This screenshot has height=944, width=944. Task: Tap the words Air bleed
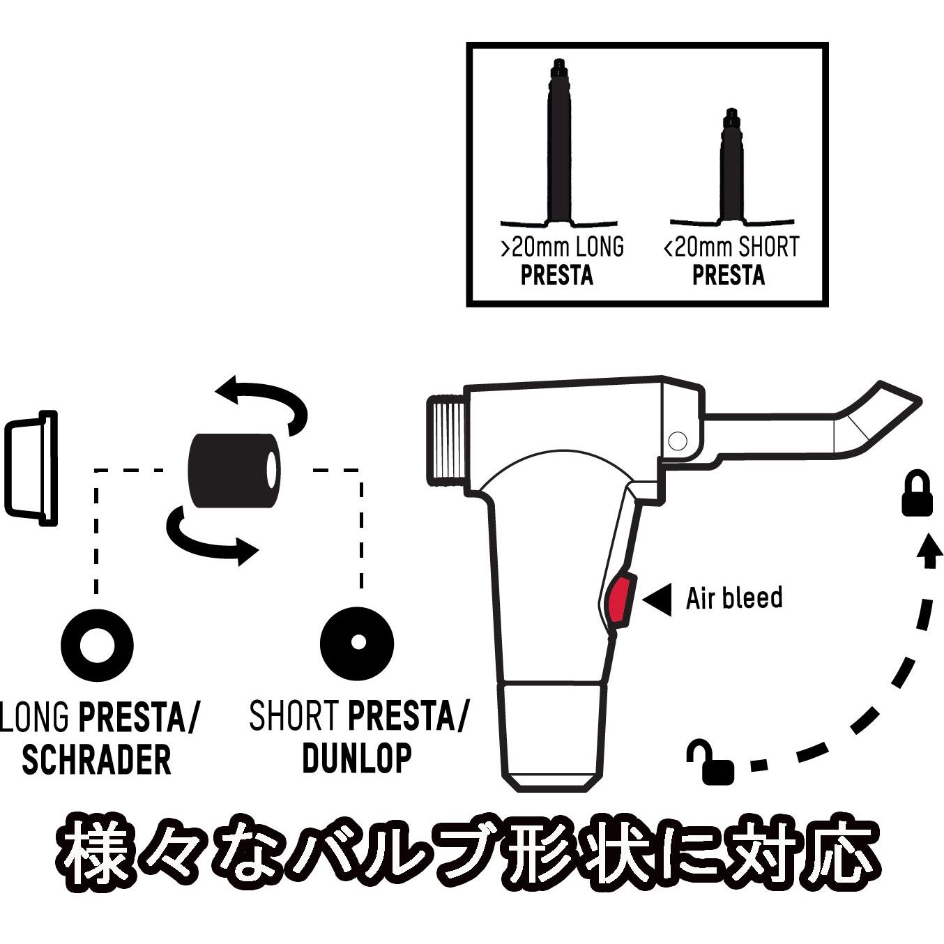point(734,597)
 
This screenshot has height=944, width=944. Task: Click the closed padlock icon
point(917,493)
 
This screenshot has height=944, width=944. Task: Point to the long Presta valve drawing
point(559,147)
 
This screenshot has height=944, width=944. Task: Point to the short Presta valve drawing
point(731,172)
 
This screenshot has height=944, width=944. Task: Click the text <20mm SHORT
point(731,246)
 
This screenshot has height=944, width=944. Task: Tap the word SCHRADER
point(96,760)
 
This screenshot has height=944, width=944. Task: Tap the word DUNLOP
point(357,759)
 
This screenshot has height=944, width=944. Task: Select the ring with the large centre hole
point(97,645)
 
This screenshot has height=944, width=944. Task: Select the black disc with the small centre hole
point(358,641)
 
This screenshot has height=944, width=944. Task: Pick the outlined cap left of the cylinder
point(31,468)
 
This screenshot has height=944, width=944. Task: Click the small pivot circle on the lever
point(678,441)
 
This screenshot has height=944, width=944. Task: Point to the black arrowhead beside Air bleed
point(657,599)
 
